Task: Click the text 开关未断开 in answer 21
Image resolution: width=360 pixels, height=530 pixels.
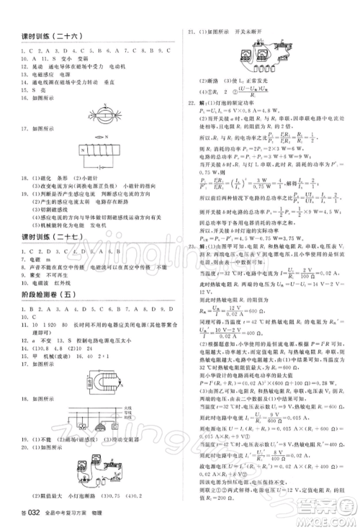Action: pos(257,32)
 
